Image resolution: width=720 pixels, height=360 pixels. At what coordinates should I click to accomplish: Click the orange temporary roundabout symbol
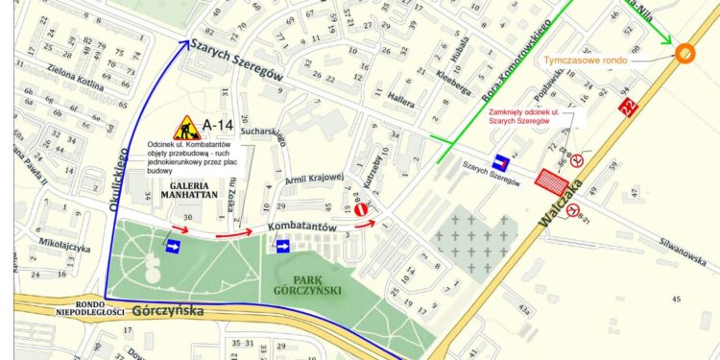(x=685, y=54)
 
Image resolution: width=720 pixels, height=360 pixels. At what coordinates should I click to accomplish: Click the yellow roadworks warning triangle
(x=185, y=128)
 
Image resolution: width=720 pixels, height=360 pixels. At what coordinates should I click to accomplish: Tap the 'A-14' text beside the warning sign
(x=218, y=125)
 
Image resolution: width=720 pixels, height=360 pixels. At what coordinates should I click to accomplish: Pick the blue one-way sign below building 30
(x=173, y=248)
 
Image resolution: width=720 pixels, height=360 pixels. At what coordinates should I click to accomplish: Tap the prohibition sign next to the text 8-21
(x=573, y=210)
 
